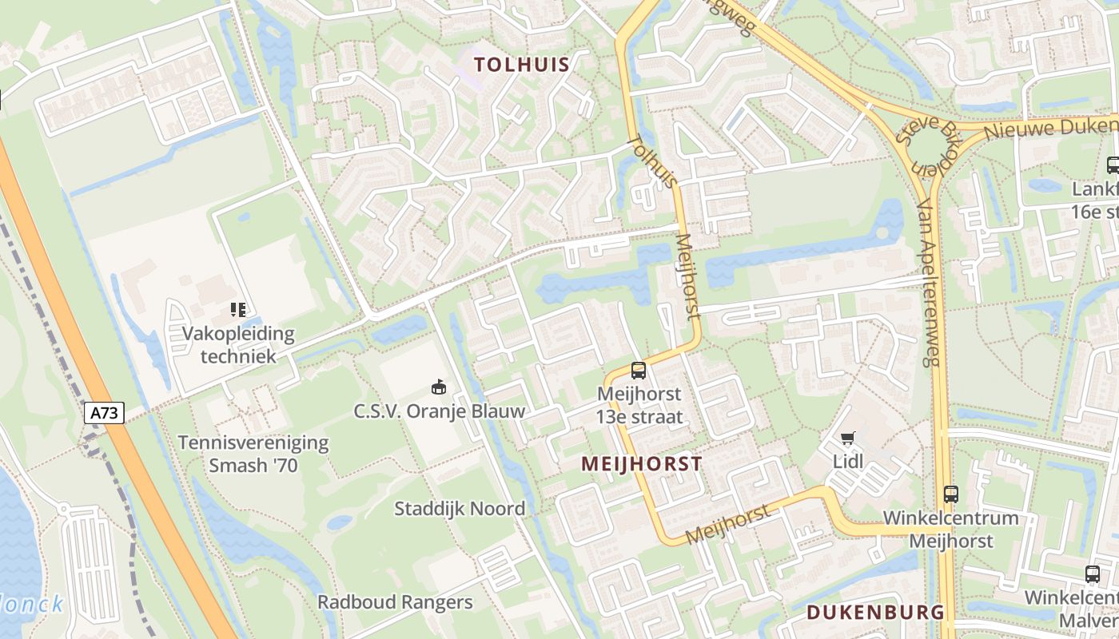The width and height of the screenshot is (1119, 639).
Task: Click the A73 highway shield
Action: [105, 413]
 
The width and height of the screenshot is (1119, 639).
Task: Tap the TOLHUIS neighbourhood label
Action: [522, 65]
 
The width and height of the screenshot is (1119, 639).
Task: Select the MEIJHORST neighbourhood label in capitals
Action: [642, 464]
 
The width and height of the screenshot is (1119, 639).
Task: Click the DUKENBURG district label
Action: [875, 613]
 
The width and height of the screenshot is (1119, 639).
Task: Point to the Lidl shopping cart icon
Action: [848, 438]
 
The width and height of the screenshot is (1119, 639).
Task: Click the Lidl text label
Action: [848, 461]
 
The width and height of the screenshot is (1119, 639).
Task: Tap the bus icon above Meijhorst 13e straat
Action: [638, 370]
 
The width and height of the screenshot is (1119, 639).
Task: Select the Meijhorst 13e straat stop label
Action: [639, 405]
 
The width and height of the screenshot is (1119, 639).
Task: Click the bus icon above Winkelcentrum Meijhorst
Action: [950, 494]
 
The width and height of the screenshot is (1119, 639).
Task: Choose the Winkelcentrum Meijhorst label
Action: [951, 529]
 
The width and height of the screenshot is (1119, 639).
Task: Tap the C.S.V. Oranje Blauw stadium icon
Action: [439, 387]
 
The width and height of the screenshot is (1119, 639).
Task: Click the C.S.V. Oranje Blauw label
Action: [440, 411]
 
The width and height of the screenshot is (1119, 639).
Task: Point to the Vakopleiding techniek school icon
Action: [237, 309]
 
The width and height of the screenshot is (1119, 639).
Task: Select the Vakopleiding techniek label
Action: [238, 344]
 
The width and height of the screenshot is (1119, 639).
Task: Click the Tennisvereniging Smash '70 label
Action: [253, 454]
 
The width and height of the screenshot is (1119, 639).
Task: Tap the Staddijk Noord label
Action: [460, 509]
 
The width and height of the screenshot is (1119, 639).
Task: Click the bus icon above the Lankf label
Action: [1113, 165]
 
